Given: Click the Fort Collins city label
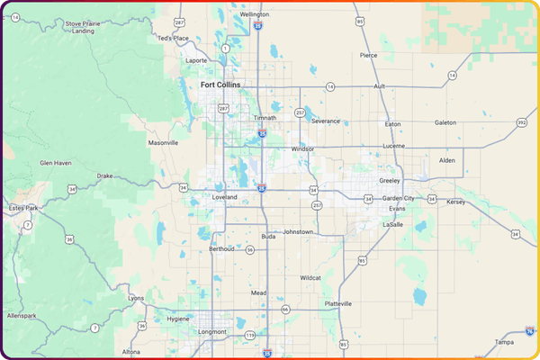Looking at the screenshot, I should pos(220,85).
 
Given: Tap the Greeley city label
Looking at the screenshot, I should pos(389,180).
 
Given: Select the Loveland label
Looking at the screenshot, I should pos(224,196).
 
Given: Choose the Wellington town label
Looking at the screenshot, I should pos(255,14).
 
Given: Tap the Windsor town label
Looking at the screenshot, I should pos(303,148).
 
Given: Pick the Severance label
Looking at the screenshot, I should pos(327,120).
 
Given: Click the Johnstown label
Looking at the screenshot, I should pos(298,231).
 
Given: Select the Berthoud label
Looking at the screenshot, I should pos(221,247).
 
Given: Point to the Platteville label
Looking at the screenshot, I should pos(345,303).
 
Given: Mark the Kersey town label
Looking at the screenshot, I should pos(456,202).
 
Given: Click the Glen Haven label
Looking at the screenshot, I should pos(56,163).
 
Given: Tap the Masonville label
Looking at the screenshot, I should pos(163,142).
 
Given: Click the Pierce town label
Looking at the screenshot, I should pos(369,55).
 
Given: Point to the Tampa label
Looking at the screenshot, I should pos(504,342).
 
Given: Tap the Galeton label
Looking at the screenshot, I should pos(445,122).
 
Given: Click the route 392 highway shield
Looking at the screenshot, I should pos(522,123).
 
